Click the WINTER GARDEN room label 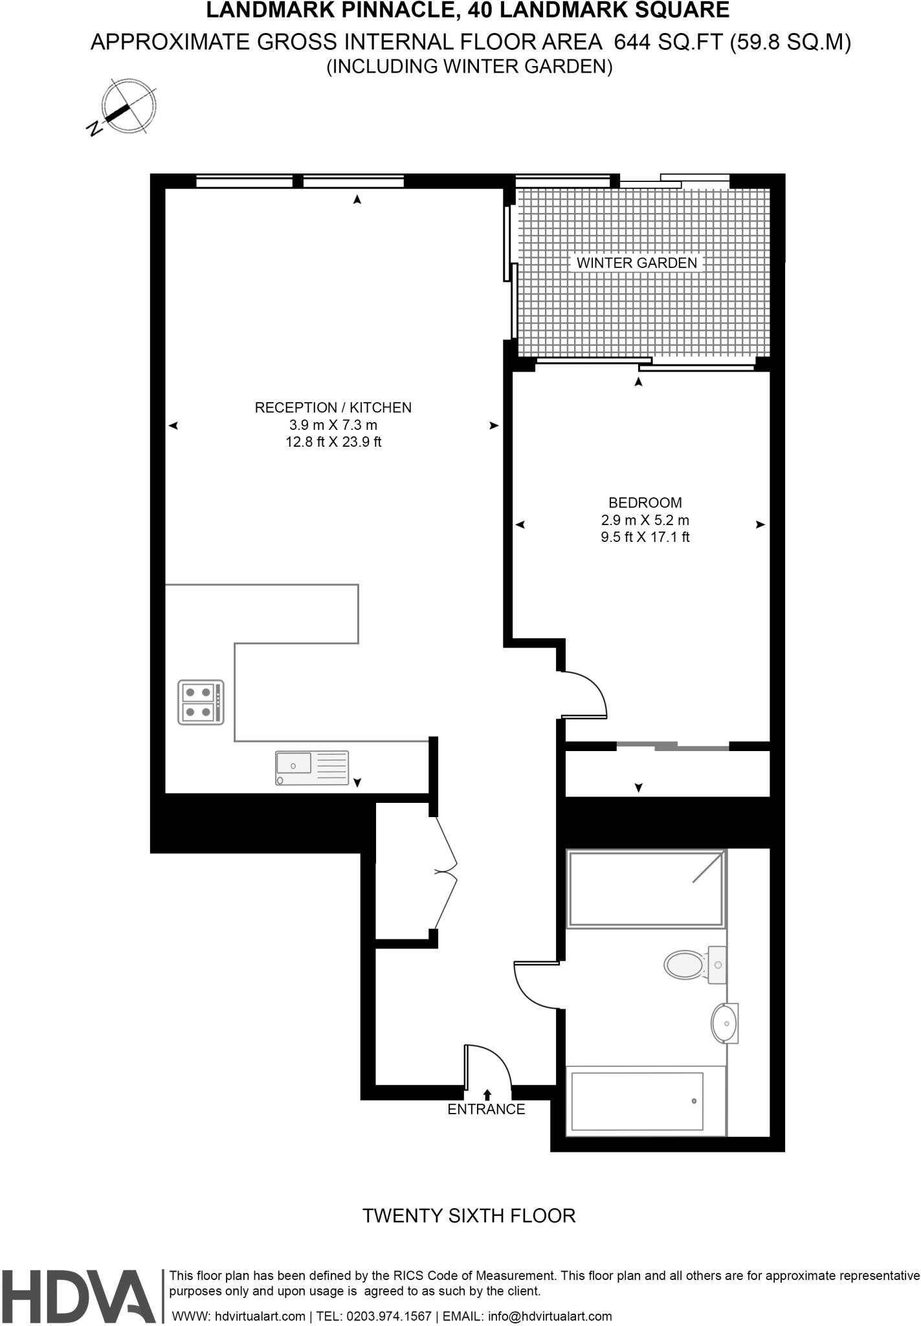click(636, 263)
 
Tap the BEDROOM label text click(645, 502)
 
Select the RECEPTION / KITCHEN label click(333, 407)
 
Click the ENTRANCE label click(486, 1109)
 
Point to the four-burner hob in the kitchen click(201, 702)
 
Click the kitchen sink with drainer click(311, 768)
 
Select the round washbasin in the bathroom click(724, 1024)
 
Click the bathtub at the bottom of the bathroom click(637, 1101)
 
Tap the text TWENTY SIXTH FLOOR click(469, 1215)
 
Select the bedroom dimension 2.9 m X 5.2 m click(645, 520)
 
